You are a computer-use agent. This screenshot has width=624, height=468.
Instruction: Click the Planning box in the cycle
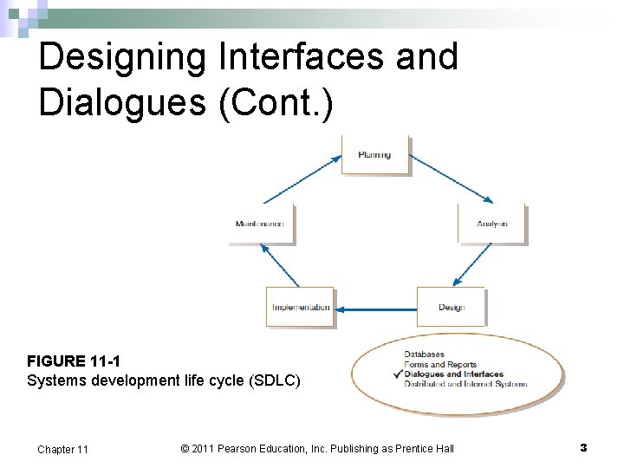(374, 155)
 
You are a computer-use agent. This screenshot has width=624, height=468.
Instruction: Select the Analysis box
(491, 224)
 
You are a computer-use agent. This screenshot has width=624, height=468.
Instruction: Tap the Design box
(451, 307)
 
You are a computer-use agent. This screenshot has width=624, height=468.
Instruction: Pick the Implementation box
(300, 307)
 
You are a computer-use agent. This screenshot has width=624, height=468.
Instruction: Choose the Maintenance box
(260, 224)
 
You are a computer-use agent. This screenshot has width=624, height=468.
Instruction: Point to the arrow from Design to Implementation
(376, 308)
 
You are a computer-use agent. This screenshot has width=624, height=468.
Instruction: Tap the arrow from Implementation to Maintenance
(279, 265)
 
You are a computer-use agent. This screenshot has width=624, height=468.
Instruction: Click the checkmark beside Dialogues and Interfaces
(397, 374)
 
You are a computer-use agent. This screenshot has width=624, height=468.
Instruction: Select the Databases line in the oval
(424, 354)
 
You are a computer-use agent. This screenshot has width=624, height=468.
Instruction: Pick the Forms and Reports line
(440, 365)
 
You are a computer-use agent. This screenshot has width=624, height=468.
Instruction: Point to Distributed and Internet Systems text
(465, 384)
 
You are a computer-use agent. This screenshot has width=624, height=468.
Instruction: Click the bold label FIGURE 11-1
(68, 361)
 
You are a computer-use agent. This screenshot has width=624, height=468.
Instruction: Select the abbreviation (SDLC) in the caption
(276, 380)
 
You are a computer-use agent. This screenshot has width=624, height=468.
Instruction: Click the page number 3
(583, 447)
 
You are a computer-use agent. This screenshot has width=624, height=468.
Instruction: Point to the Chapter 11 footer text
(62, 449)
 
